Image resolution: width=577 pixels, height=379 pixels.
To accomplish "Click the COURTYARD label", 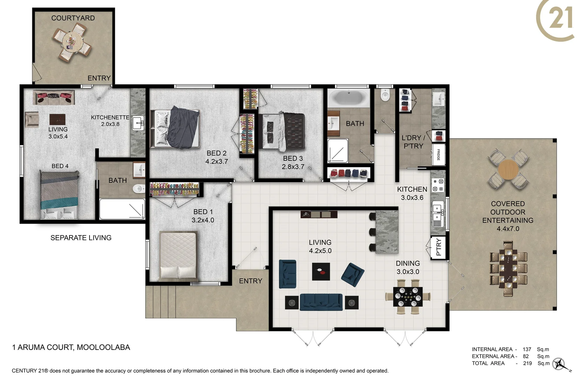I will [73, 18].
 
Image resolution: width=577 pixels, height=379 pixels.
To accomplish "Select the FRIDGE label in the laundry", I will [438, 154].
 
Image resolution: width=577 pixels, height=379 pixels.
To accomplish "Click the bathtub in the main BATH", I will [349, 98].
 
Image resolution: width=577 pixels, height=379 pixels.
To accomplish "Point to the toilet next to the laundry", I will [385, 95].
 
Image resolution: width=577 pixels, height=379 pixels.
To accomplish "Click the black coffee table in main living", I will [321, 272].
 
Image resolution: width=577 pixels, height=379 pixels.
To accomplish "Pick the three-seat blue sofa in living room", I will [321, 302].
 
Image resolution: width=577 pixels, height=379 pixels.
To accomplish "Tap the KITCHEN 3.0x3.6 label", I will [412, 193].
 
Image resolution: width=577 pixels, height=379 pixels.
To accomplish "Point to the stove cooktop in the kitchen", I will [438, 185].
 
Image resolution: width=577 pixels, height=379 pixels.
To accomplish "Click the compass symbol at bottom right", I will [559, 364].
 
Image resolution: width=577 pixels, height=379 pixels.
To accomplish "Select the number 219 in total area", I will [527, 363].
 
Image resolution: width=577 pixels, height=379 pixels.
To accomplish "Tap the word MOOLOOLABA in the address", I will [103, 347].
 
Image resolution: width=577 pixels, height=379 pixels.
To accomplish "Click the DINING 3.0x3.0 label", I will [407, 267].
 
